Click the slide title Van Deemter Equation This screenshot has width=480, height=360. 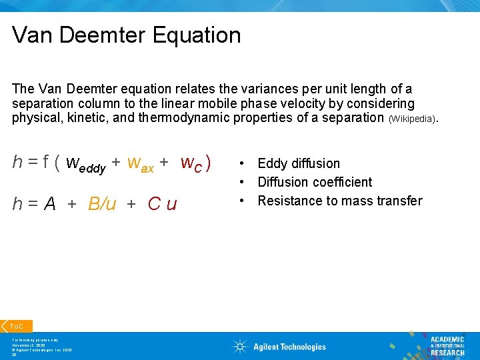coord(127,35)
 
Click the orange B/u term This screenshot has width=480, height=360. coord(102,204)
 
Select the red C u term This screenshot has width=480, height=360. coord(162,204)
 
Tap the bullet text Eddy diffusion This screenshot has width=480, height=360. coord(299,163)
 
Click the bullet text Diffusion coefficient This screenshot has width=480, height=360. coord(315,182)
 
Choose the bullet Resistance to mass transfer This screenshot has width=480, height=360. coord(340,201)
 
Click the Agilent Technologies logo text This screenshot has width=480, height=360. coord(289,347)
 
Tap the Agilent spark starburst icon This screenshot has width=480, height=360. coord(240,346)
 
